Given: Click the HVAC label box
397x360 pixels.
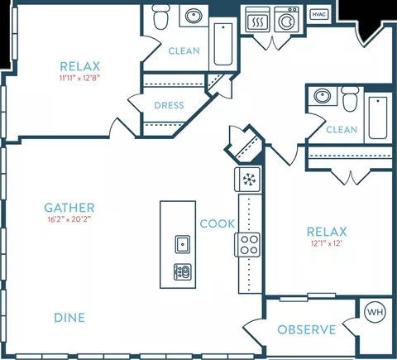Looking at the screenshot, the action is pyautogui.click(x=319, y=14).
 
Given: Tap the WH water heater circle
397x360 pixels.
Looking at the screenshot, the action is pyautogui.click(x=375, y=312).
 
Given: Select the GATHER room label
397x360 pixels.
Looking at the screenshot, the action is pyautogui.click(x=69, y=208).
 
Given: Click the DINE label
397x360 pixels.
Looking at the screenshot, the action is pyautogui.click(x=69, y=318).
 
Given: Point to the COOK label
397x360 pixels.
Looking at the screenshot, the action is pyautogui.click(x=218, y=223).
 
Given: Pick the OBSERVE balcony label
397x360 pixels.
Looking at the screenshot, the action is pyautogui.click(x=307, y=329).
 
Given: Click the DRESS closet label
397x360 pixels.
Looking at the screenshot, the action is pyautogui.click(x=169, y=105).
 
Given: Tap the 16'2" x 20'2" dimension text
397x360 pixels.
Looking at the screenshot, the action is pyautogui.click(x=69, y=219).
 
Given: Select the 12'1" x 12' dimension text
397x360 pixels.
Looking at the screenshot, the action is pyautogui.click(x=327, y=243).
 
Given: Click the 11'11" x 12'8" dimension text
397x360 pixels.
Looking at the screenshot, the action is pyautogui.click(x=79, y=78).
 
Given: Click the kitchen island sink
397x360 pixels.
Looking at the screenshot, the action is pyautogui.click(x=183, y=244).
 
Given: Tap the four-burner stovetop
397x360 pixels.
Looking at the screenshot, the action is pyautogui.click(x=247, y=245).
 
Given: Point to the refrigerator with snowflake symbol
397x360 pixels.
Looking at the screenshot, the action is pyautogui.click(x=247, y=180).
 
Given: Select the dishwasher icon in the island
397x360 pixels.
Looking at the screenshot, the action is pyautogui.click(x=183, y=272).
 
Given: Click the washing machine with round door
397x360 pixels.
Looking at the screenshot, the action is pyautogui.click(x=286, y=19).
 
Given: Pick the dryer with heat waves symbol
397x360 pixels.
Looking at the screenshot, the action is pyautogui.click(x=257, y=19).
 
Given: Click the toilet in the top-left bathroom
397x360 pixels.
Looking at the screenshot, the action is pyautogui.click(x=161, y=17).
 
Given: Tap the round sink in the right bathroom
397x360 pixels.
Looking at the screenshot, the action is pyautogui.click(x=323, y=96).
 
